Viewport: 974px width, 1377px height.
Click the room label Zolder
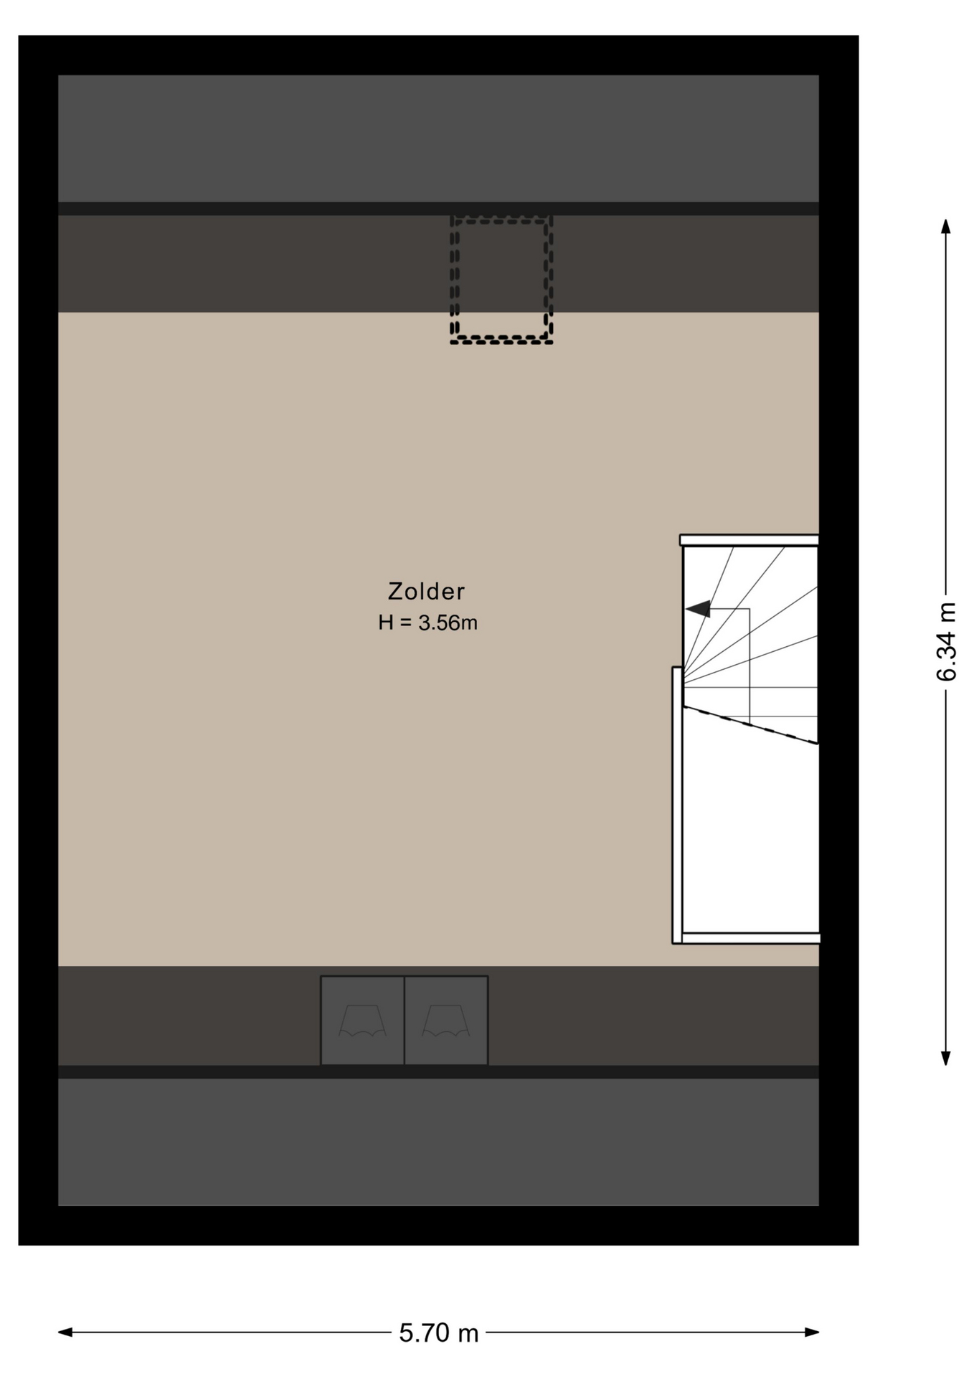tap(426, 592)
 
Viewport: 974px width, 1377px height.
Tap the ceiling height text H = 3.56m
tap(427, 623)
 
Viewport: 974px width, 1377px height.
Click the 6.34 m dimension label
tap(947, 642)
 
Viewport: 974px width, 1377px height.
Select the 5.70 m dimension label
tap(439, 1333)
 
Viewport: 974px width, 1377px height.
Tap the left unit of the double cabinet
tap(362, 1020)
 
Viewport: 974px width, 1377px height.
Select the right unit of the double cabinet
tap(446, 1020)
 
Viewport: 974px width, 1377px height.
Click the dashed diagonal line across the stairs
tap(750, 725)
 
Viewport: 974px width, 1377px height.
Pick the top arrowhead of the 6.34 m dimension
tap(946, 226)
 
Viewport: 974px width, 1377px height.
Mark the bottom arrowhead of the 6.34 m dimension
tap(946, 1058)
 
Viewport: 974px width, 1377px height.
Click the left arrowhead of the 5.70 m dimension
tap(65, 1333)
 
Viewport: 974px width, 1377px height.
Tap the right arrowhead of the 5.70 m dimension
tap(811, 1333)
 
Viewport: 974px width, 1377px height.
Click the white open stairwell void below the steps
tap(750, 836)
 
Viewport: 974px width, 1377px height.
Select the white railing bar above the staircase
tap(749, 540)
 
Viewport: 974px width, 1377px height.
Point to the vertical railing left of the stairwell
tap(677, 805)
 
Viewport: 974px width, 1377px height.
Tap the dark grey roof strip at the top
tap(438, 138)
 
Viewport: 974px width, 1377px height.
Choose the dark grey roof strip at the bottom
tap(438, 1142)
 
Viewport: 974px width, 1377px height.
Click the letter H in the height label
tap(386, 623)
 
